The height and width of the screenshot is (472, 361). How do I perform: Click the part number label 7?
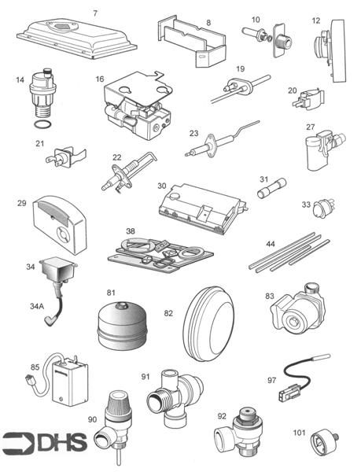click(x=95, y=13)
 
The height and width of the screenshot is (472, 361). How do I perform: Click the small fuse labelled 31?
click(x=271, y=191)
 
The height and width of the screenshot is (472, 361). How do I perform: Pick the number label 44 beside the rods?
click(x=270, y=245)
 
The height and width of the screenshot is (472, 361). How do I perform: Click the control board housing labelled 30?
click(x=199, y=207)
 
